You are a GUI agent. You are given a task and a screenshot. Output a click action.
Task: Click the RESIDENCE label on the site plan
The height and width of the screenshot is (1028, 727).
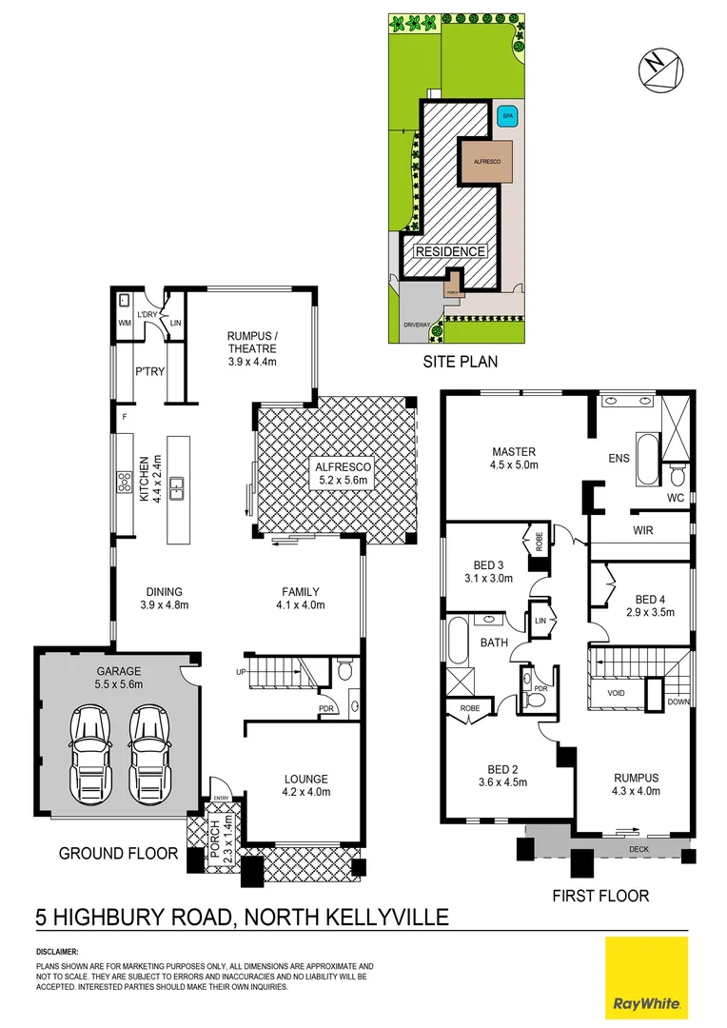pos(449,252)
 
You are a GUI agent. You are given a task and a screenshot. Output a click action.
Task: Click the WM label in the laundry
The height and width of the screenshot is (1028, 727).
pos(124,324)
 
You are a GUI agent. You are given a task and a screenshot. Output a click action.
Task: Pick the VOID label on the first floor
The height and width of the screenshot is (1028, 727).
pos(616,692)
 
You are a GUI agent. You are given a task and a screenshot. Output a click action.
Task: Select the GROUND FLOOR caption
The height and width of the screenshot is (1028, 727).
pos(119,854)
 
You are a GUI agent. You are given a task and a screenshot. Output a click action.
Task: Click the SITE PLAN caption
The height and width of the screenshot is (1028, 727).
pos(461,362)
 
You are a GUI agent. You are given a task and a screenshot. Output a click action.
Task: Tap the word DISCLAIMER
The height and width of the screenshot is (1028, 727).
pos(58,951)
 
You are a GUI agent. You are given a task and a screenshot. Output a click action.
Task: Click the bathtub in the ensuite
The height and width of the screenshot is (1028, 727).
pos(646,459)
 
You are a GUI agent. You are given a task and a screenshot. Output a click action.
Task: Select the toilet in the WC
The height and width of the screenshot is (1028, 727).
pos(678,473)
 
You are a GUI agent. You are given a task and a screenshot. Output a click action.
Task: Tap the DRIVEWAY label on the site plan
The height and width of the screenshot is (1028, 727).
pos(415,324)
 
